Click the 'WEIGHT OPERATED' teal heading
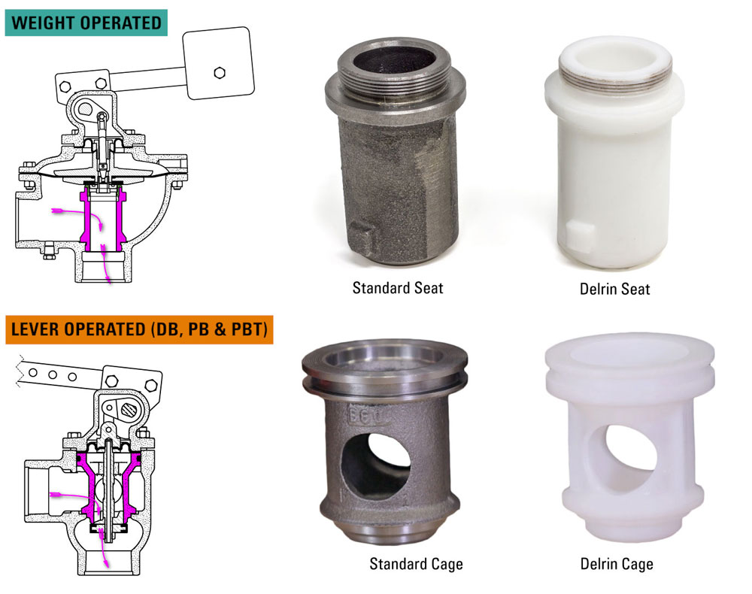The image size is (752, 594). pyautogui.click(x=86, y=22)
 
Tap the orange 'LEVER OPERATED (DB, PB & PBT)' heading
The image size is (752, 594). pyautogui.click(x=138, y=331)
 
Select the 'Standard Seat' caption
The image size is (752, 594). pyautogui.click(x=398, y=287)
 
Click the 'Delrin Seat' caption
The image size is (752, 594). pyautogui.click(x=615, y=288)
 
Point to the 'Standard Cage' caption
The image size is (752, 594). pyautogui.click(x=416, y=563)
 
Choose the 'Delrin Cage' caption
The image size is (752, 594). pyautogui.click(x=617, y=563)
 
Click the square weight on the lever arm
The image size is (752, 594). pyautogui.click(x=218, y=62)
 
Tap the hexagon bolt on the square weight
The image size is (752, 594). pyautogui.click(x=219, y=72)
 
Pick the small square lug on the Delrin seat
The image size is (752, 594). pyautogui.click(x=580, y=238)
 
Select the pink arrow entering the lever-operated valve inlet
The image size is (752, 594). pyautogui.click(x=68, y=496)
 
